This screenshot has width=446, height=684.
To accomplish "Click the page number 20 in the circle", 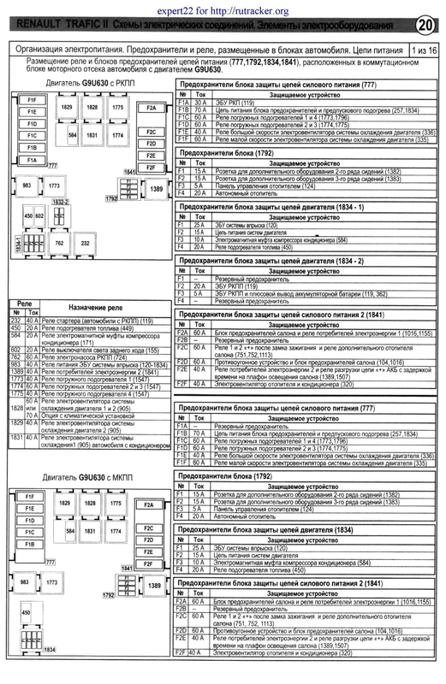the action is (x=425, y=25).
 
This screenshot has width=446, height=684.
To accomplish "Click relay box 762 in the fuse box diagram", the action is (x=60, y=244).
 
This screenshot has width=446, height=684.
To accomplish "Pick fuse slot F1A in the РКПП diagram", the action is (x=31, y=160).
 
